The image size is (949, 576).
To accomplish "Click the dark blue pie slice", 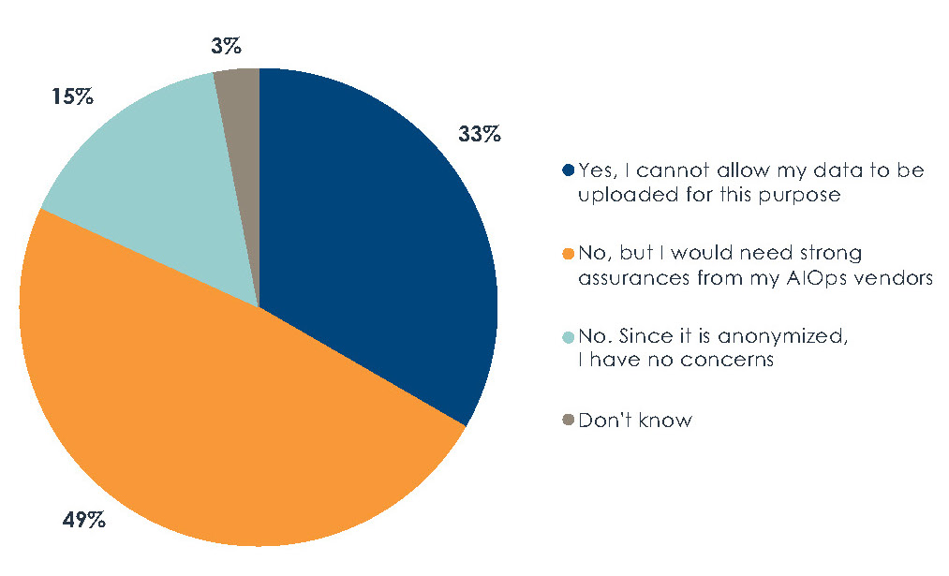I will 375,244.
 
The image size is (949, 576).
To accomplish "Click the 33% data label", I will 479,135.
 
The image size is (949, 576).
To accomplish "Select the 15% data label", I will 71,96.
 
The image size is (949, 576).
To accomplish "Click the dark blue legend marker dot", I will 568,171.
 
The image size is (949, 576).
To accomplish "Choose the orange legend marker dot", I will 568,254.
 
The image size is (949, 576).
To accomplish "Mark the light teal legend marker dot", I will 568,336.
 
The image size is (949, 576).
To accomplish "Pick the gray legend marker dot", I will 568,420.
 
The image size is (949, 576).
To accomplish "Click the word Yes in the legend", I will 595,171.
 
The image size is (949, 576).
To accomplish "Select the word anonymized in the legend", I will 765,336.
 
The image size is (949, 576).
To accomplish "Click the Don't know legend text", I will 635,420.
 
